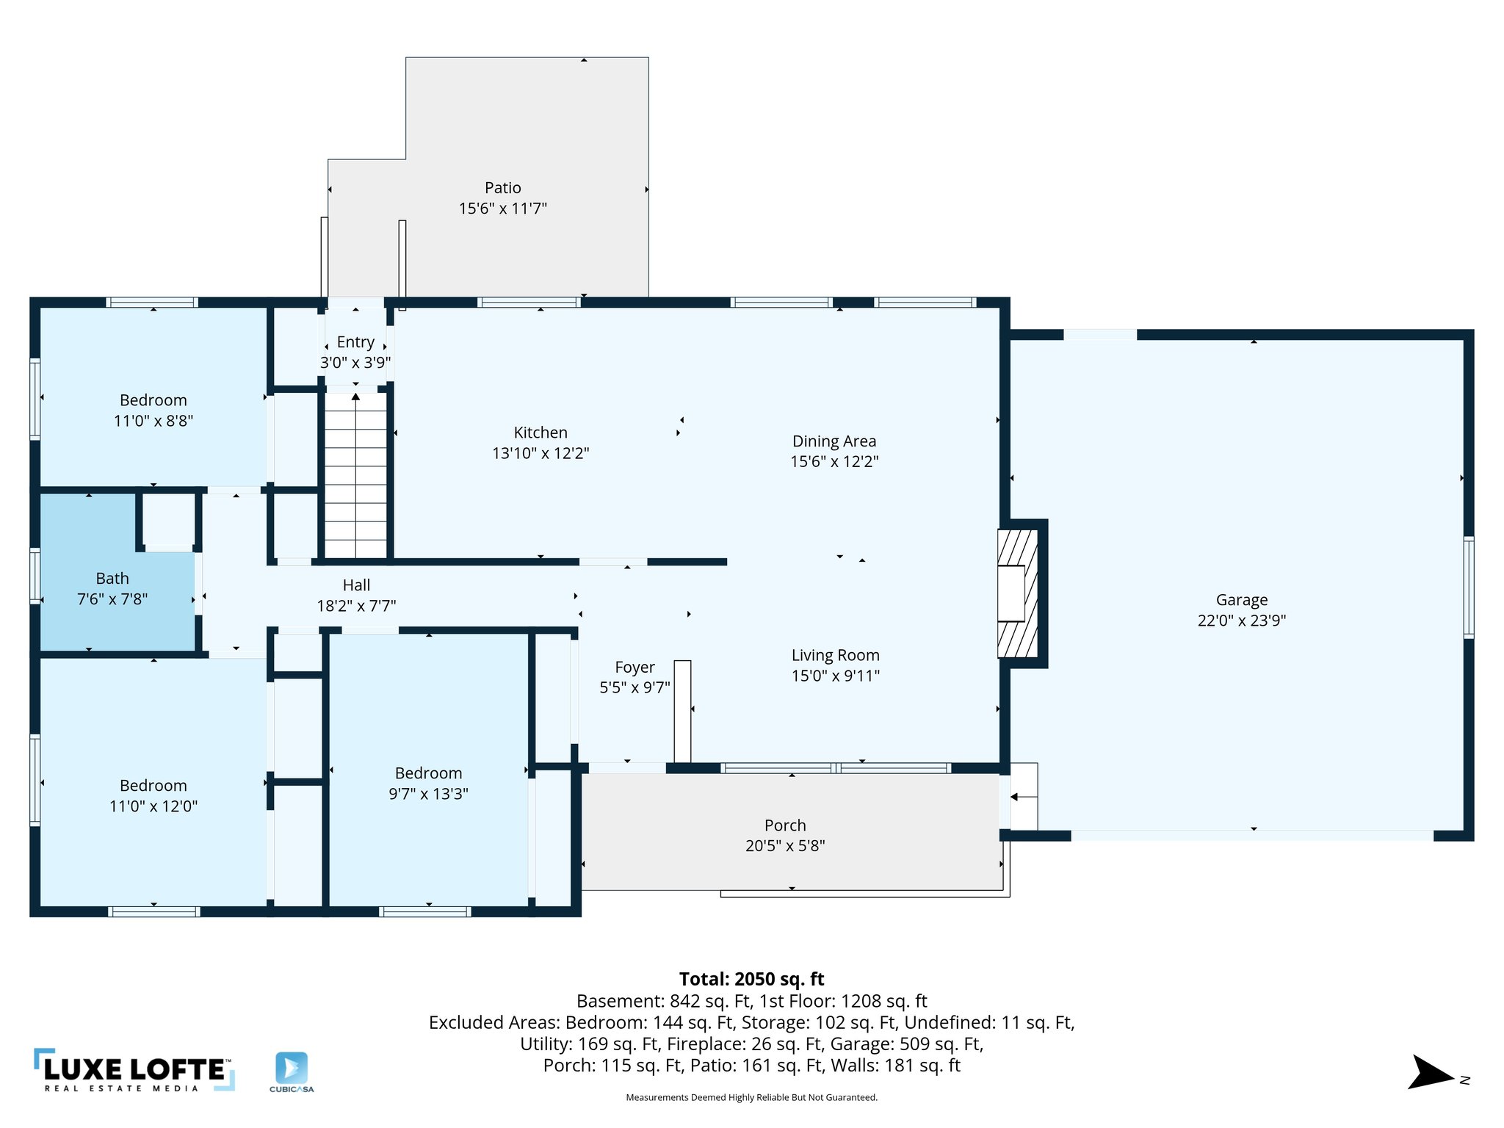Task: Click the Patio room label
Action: (x=502, y=188)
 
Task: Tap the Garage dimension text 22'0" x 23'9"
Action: (x=1241, y=621)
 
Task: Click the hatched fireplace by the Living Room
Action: (x=1017, y=593)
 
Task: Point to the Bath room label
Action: (x=112, y=579)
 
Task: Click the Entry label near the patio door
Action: (x=355, y=342)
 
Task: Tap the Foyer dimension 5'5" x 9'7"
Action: (x=634, y=688)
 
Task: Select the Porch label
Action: (x=784, y=825)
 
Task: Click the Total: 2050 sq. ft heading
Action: (x=751, y=979)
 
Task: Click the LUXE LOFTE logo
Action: (x=134, y=1071)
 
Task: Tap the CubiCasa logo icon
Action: (x=292, y=1067)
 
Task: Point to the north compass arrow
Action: (x=1430, y=1074)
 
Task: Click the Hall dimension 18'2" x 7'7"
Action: (x=356, y=606)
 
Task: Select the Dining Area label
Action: (x=834, y=441)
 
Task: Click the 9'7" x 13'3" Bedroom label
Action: (x=428, y=773)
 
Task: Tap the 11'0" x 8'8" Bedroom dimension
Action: (x=153, y=421)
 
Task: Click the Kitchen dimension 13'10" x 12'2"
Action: (x=540, y=453)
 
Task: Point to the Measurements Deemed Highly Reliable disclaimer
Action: (x=751, y=1098)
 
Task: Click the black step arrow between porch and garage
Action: (x=1014, y=797)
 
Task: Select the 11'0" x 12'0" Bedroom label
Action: (x=153, y=786)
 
